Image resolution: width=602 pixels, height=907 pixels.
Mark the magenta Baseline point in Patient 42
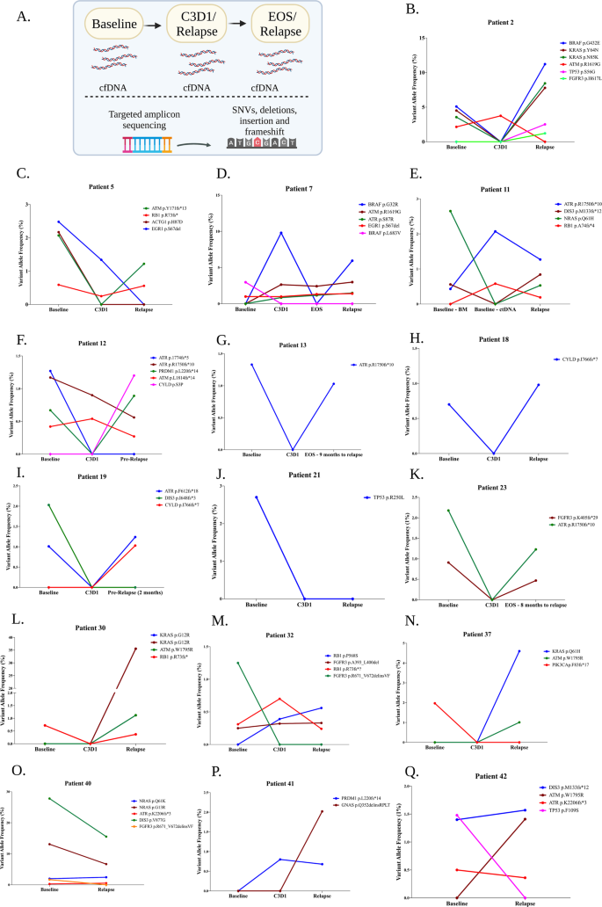coord(457,815)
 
